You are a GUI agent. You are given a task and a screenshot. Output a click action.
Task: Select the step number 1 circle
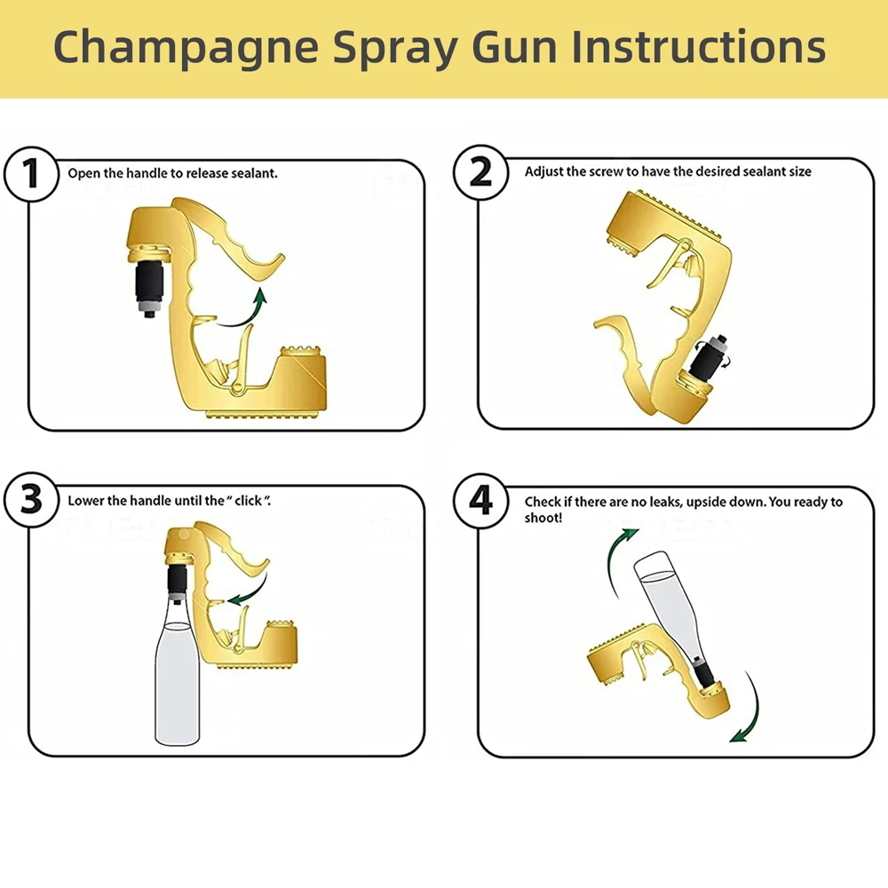click(x=32, y=172)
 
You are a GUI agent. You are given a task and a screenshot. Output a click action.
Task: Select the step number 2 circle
click(x=480, y=171)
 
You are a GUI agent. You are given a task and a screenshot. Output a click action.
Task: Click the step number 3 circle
click(x=32, y=499)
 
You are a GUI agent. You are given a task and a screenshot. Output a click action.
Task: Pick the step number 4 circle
click(x=480, y=501)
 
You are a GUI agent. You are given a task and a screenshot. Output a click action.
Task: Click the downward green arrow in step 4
click(x=752, y=710)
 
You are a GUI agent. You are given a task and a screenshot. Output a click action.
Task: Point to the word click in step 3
click(x=248, y=501)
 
